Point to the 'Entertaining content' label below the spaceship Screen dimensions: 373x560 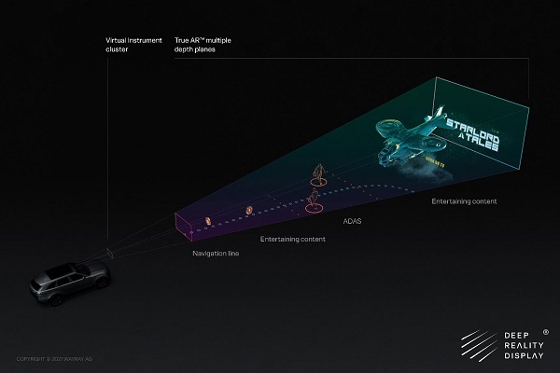pos(464,201)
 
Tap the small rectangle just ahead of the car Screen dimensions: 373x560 pos(109,252)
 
